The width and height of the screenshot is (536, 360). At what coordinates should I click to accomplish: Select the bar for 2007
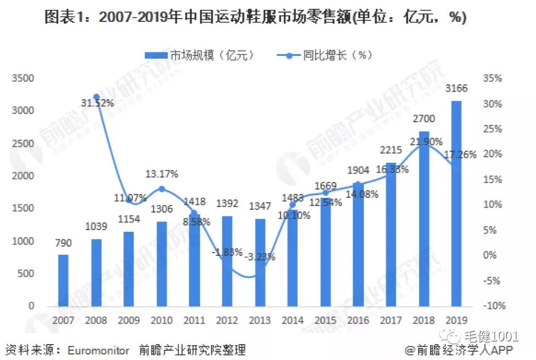coord(64,279)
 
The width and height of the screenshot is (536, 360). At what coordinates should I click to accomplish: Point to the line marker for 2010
coord(162,189)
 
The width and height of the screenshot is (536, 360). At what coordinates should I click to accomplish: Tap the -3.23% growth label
coord(260,256)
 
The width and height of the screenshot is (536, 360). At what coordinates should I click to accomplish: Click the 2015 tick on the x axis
coord(325,319)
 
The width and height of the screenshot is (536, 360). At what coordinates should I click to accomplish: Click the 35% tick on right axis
coord(493,78)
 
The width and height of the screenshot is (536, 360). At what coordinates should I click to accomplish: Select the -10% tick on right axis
coord(493,306)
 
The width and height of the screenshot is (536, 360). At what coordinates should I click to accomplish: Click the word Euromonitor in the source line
coord(99,350)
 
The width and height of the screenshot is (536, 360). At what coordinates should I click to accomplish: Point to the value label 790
coord(64,243)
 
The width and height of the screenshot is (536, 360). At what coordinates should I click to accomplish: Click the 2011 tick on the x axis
coord(194,319)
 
